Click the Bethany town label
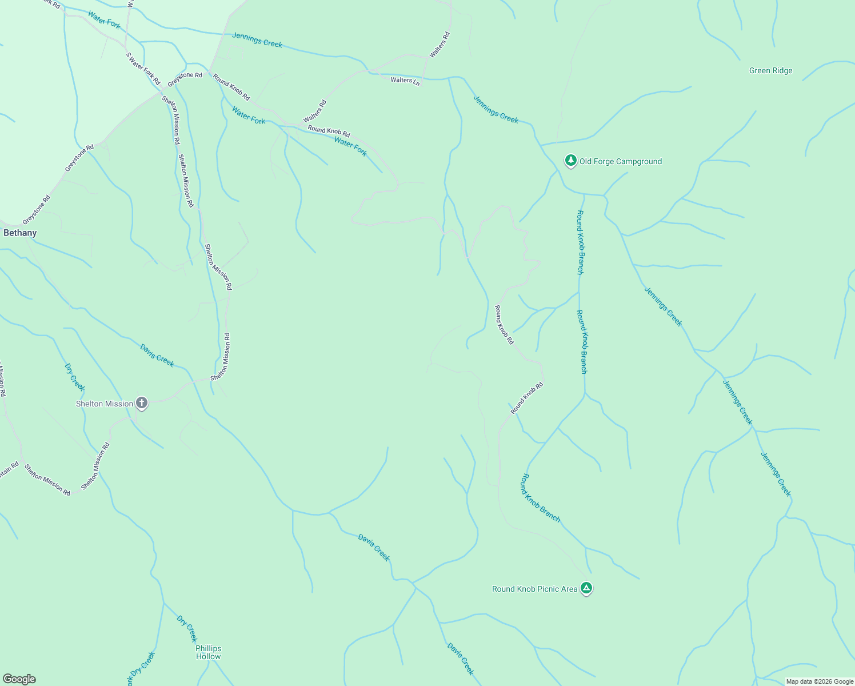click(20, 233)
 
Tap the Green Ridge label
click(770, 71)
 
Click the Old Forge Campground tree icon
click(570, 161)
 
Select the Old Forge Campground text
click(620, 162)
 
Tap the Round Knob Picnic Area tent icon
click(586, 588)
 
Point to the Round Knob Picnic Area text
click(534, 589)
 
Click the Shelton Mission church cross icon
click(142, 403)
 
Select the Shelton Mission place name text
click(105, 404)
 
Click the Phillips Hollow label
click(208, 652)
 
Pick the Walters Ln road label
click(405, 81)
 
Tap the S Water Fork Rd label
click(143, 69)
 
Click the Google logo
click(19, 679)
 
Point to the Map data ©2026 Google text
click(820, 681)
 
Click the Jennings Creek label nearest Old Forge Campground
click(496, 109)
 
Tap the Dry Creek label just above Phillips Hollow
click(187, 629)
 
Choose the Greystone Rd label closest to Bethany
click(37, 210)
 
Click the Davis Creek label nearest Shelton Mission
click(157, 355)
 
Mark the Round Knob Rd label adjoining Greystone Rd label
click(231, 86)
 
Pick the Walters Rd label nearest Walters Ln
click(440, 45)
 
